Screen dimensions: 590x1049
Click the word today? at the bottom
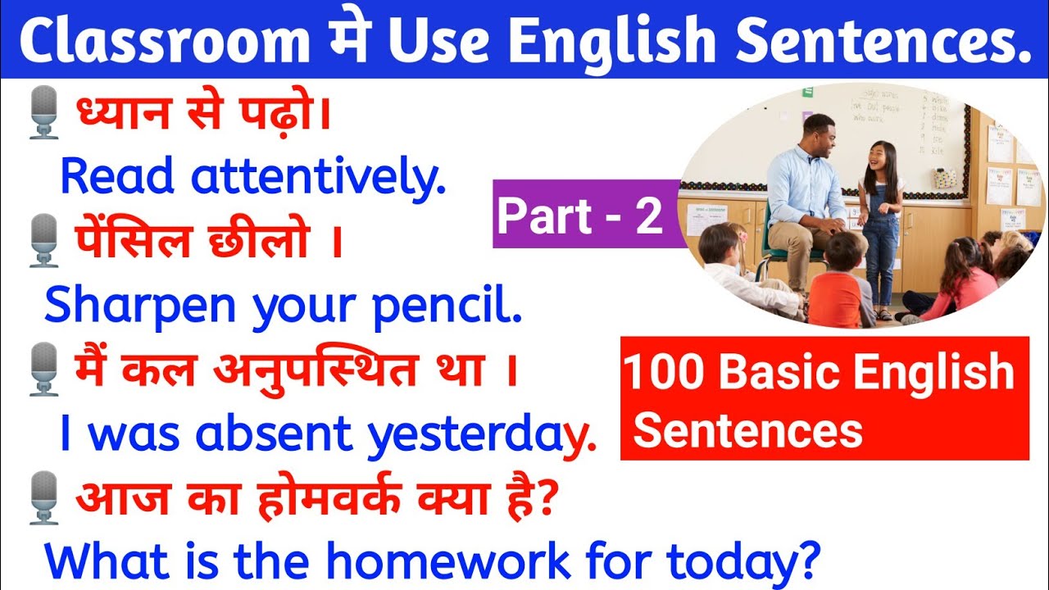(x=742, y=560)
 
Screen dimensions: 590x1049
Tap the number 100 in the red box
(x=664, y=374)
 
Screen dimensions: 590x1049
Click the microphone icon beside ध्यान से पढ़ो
(x=43, y=115)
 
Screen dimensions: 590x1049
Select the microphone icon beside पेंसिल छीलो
(x=43, y=241)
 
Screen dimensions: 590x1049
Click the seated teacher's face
(x=820, y=134)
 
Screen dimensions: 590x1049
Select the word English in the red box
(x=934, y=374)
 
